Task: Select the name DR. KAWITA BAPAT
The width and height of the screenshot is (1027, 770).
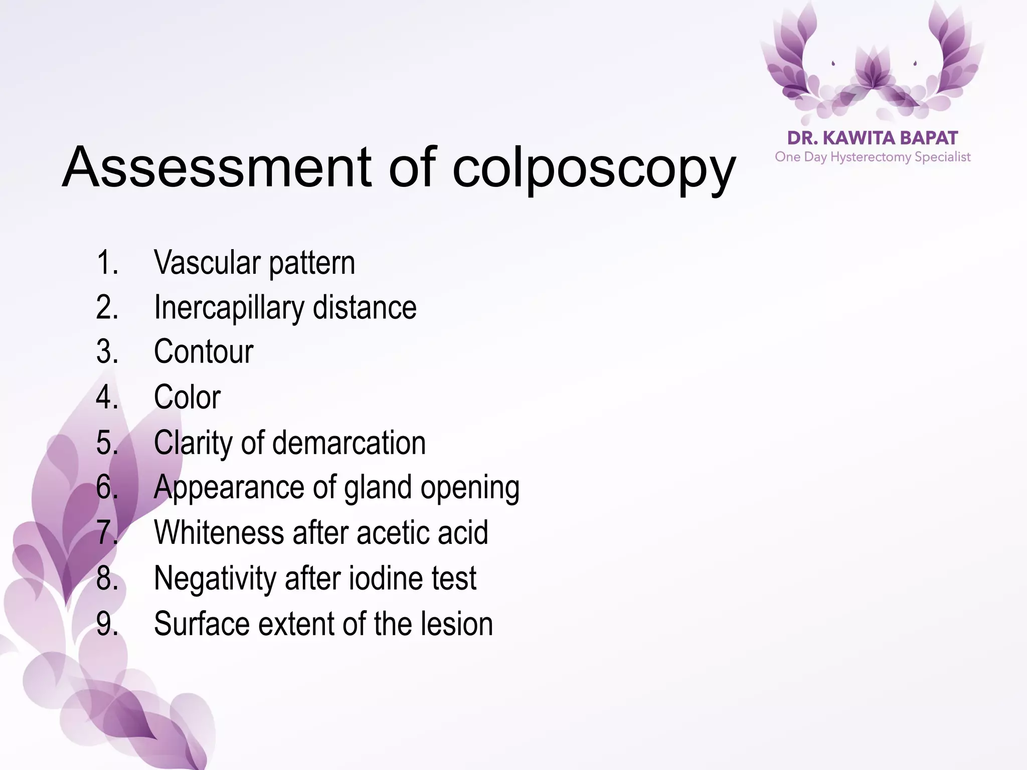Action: point(873,138)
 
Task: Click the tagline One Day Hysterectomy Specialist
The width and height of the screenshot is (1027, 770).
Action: point(873,157)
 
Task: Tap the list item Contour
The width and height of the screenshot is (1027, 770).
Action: point(204,351)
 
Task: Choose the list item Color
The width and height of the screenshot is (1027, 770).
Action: point(187,397)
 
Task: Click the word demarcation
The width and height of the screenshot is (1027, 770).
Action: point(349,443)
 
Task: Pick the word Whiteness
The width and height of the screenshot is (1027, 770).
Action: point(219,532)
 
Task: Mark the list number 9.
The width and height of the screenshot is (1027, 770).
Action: point(107,624)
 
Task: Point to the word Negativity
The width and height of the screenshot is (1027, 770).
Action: point(215,578)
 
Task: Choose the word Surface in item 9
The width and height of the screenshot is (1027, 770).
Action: point(201,624)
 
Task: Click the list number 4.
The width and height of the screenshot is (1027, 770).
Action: point(107,397)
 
